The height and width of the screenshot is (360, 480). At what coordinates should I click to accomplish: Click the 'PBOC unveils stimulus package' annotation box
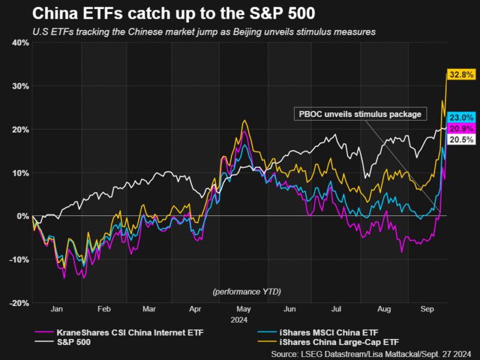[359, 114]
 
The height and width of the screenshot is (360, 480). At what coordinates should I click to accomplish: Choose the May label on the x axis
[243, 310]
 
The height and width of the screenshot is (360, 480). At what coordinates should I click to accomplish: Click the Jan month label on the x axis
[57, 310]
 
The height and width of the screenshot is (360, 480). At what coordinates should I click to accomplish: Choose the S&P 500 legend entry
[71, 341]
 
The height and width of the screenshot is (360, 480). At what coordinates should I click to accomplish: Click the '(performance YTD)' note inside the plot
[247, 292]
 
